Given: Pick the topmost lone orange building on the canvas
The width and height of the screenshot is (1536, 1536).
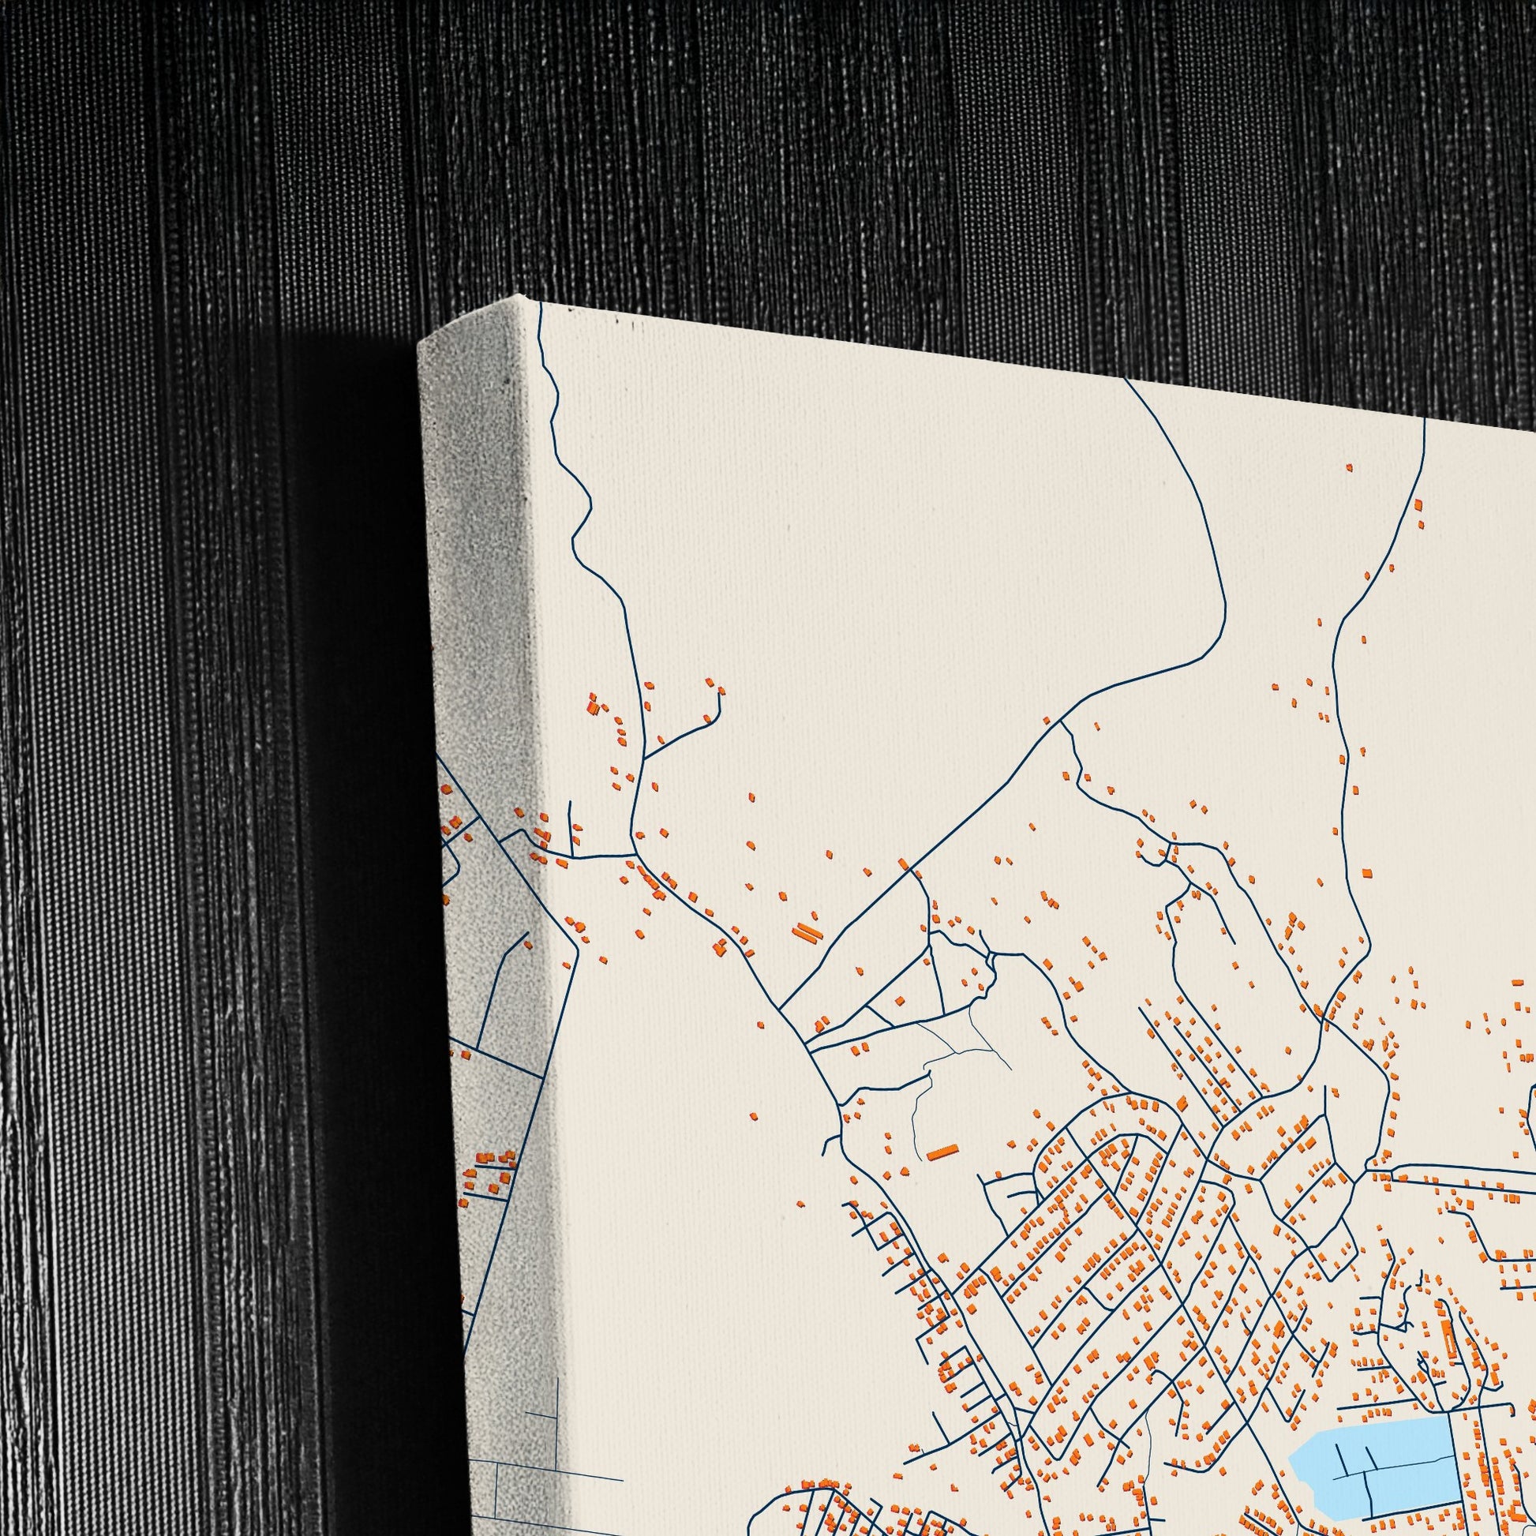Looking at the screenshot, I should (1349, 466).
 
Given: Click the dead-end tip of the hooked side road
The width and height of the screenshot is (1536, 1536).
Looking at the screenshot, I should (720, 690).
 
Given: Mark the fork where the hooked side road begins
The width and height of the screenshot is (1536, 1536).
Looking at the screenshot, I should (644, 756).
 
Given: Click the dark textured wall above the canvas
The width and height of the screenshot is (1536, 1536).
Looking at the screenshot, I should (875, 159).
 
